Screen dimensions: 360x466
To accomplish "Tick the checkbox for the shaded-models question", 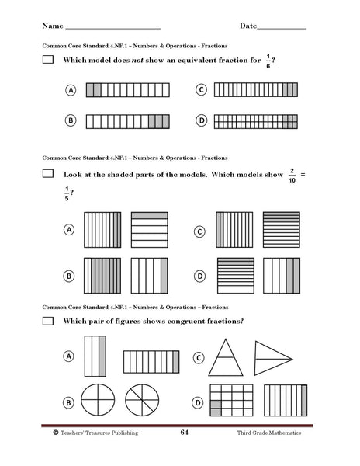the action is (x=48, y=175).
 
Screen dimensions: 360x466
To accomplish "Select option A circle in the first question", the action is (x=71, y=91).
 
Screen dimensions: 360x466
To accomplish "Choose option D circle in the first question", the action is (x=202, y=121).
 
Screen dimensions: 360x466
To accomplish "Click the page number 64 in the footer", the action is (x=184, y=433).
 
